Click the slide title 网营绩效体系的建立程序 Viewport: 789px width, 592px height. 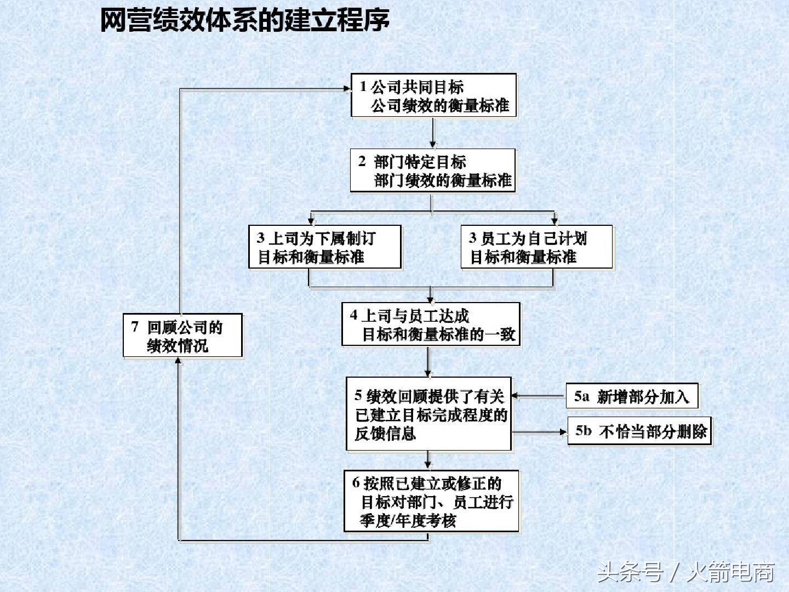point(244,21)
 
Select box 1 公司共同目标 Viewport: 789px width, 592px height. point(433,95)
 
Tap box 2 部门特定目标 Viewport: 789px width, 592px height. point(432,170)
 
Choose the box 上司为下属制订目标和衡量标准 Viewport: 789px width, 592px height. point(324,247)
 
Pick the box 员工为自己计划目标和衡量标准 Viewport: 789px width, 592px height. point(536,247)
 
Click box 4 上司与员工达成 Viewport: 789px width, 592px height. point(431,325)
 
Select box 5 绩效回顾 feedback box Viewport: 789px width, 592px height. point(428,414)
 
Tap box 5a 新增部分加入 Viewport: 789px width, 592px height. point(632,396)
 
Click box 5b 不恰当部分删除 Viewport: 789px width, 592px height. point(640,431)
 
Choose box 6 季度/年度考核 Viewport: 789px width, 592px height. point(431,501)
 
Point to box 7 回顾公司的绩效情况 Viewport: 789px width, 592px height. point(182,336)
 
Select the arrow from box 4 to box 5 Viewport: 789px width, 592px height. point(428,361)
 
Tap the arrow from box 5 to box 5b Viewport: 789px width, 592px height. point(540,432)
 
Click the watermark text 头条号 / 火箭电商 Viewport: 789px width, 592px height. point(685,572)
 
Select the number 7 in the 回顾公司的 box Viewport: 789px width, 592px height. point(135,327)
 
